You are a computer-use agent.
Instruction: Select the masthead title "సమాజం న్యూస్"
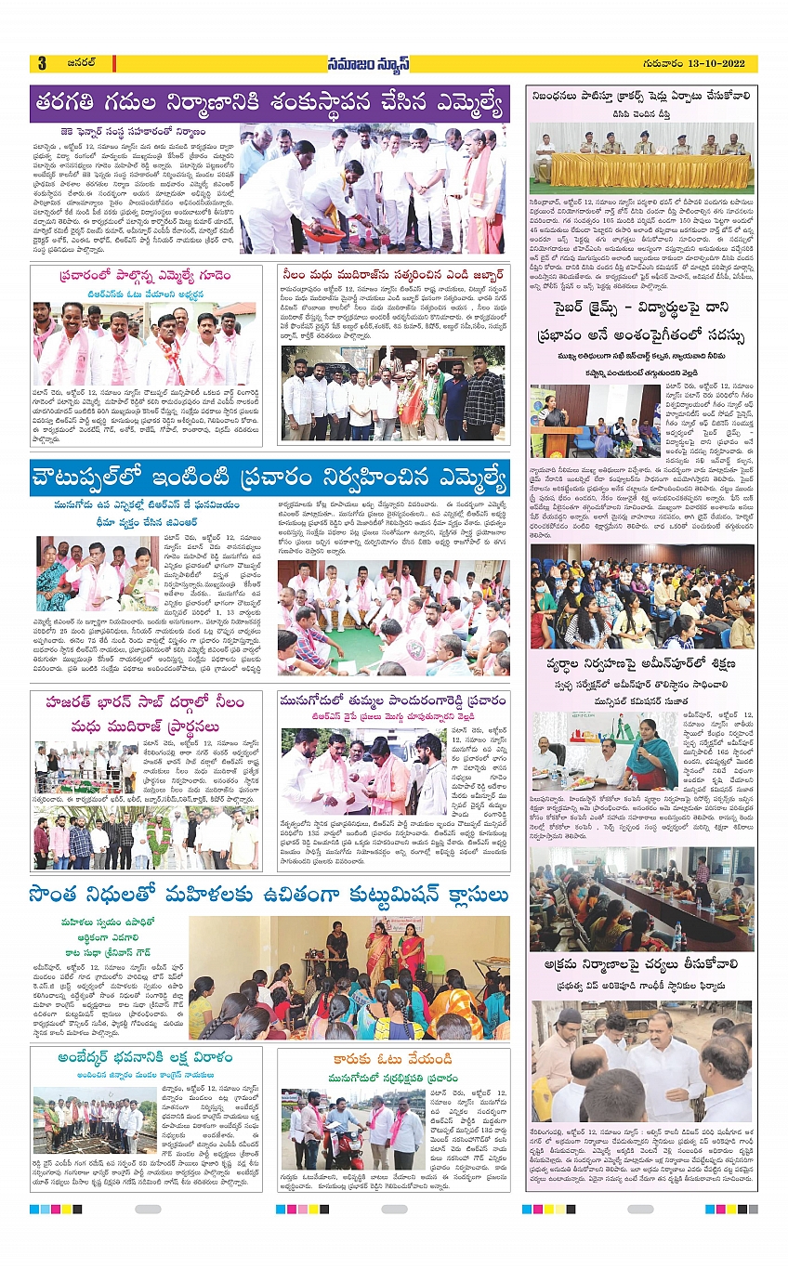[368, 63]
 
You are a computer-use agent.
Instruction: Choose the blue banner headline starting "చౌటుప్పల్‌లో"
[269, 478]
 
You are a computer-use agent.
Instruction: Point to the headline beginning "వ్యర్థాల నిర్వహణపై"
[642, 665]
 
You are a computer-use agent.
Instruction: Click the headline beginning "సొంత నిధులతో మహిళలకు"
[269, 896]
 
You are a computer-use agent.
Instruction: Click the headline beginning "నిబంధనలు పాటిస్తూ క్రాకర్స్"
[642, 95]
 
